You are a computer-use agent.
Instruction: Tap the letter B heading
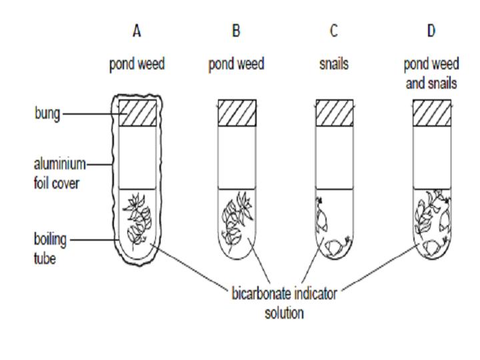click(237, 31)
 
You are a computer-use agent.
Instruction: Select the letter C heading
click(333, 31)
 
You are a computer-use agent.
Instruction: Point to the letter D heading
click(431, 31)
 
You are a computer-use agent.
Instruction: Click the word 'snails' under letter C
click(333, 65)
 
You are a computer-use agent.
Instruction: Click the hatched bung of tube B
click(237, 113)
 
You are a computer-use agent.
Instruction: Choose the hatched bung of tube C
click(333, 113)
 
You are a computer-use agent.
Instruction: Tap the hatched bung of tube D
click(431, 113)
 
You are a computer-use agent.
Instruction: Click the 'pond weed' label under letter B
click(237, 65)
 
